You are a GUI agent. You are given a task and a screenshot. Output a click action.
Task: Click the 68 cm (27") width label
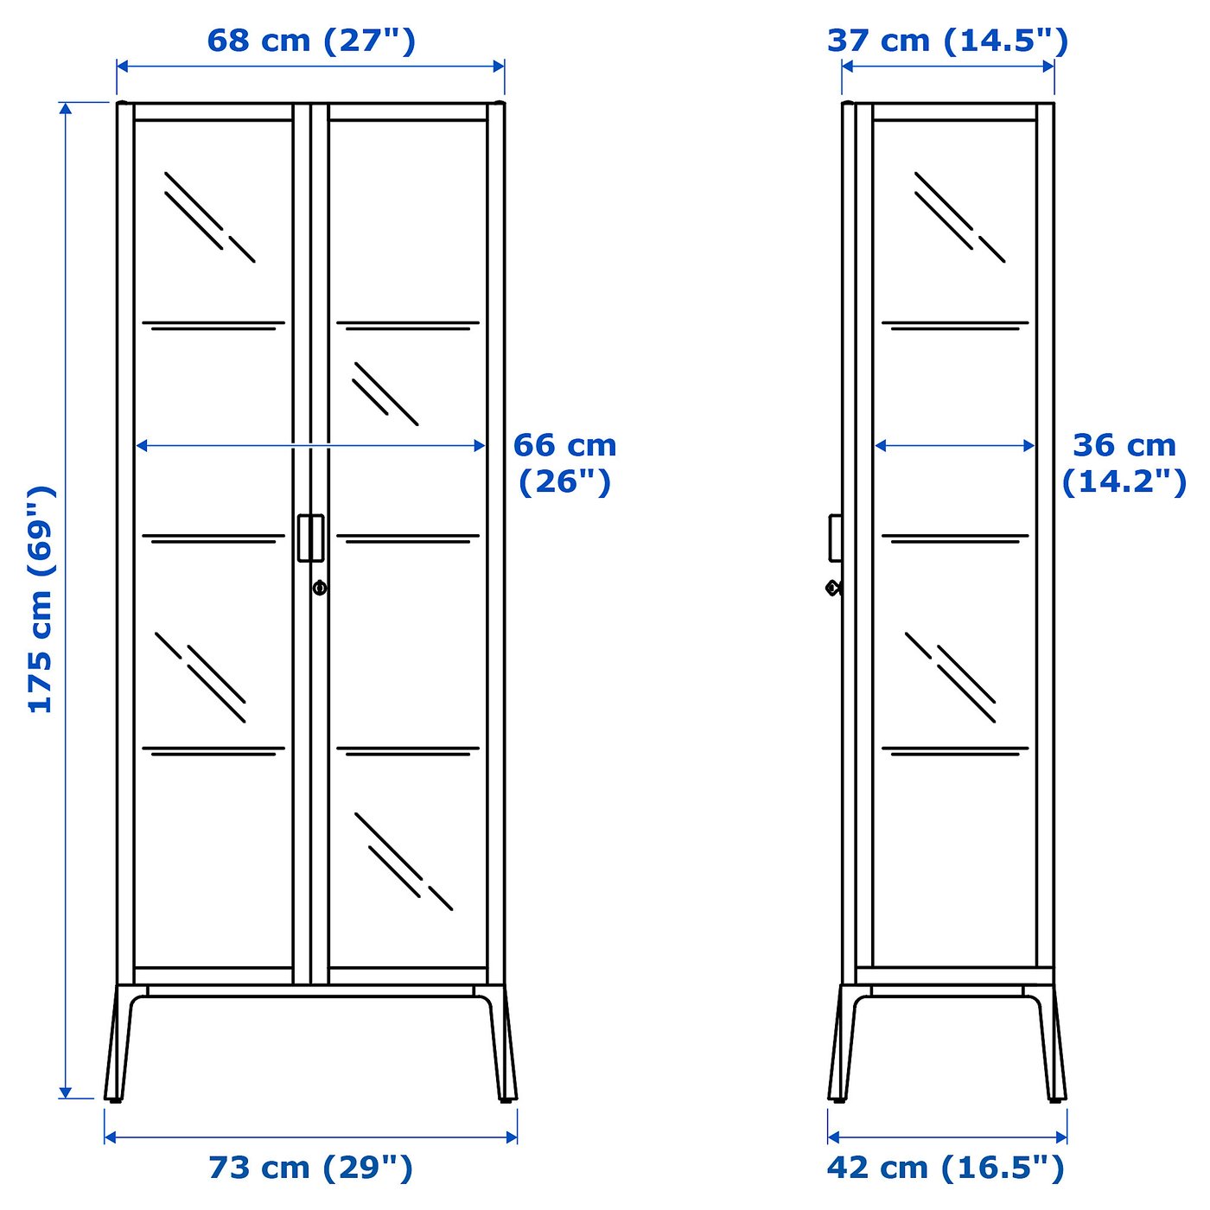coord(311,41)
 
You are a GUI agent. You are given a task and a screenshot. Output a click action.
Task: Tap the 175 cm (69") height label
coord(41,599)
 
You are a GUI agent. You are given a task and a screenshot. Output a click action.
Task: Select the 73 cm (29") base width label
coord(311,1168)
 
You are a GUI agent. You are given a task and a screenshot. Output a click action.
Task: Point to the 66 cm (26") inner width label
coord(564,462)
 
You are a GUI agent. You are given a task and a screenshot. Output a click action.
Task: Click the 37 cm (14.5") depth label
coord(947,41)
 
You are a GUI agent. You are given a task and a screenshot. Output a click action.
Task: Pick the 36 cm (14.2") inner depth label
coord(1124,462)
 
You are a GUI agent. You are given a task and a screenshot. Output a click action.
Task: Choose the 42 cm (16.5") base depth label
coord(946,1168)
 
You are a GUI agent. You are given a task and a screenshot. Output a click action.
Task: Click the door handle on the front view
coord(310,538)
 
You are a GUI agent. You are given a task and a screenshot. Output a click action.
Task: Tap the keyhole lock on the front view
coord(320,588)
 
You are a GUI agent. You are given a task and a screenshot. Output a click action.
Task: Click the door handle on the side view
coord(835,538)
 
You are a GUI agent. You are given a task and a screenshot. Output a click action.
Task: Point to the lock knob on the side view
coord(832,588)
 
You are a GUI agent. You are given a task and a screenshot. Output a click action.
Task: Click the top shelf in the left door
coord(213,326)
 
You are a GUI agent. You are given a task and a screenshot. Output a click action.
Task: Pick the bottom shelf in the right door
coord(408,750)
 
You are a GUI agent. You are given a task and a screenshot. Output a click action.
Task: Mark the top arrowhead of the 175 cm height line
coord(66,108)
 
